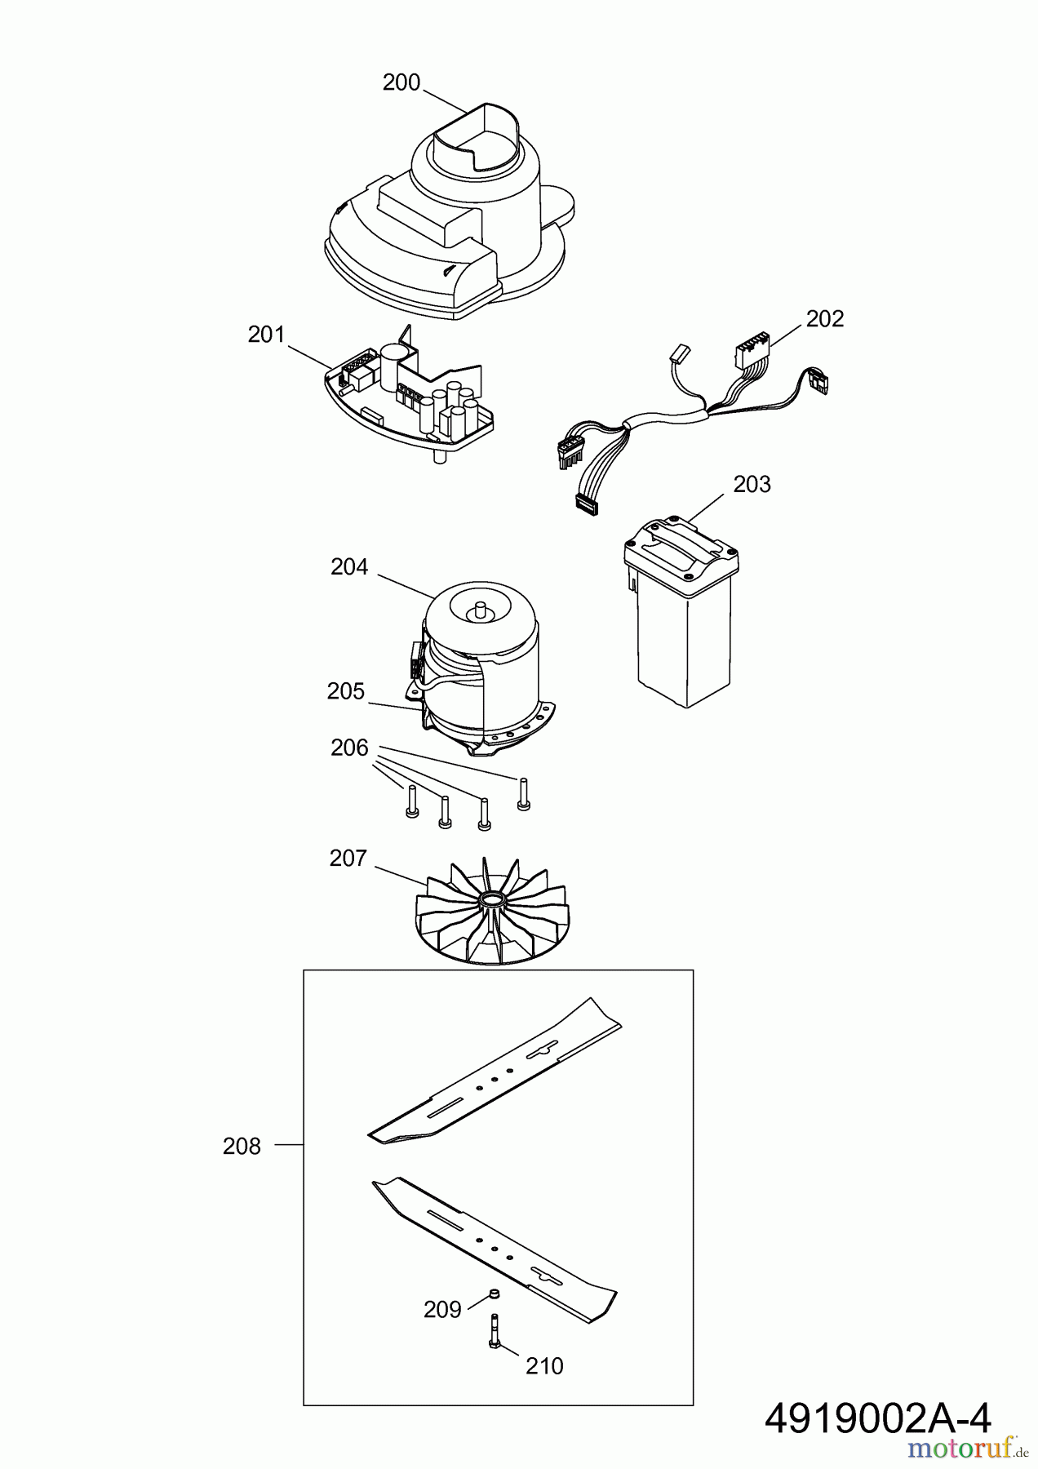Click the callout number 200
pos(401,82)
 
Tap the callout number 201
pos(266,335)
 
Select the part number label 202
pos(824,318)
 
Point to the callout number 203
pos(752,485)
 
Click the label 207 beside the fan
pos(348,859)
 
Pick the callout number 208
pos(242,1147)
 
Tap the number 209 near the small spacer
pos(442,1310)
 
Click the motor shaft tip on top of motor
pos(480,606)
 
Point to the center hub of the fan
pos(493,900)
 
